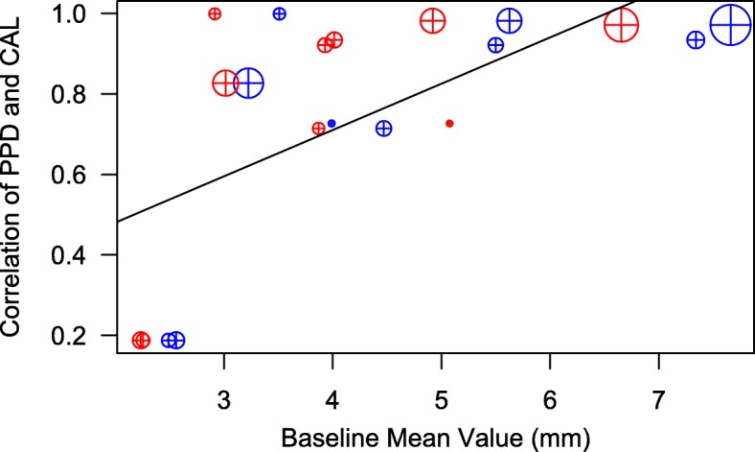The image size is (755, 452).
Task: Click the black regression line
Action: click(x=383, y=126)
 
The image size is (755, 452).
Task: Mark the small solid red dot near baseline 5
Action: click(x=449, y=124)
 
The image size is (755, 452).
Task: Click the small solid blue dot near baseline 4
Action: click(x=332, y=124)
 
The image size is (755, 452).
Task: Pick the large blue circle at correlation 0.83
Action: click(x=249, y=83)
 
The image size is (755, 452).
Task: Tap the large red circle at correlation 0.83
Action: click(x=225, y=83)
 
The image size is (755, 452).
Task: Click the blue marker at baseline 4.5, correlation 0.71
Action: click(x=383, y=129)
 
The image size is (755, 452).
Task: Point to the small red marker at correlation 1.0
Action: click(x=215, y=14)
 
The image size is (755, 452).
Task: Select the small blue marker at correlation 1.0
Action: click(x=280, y=14)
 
